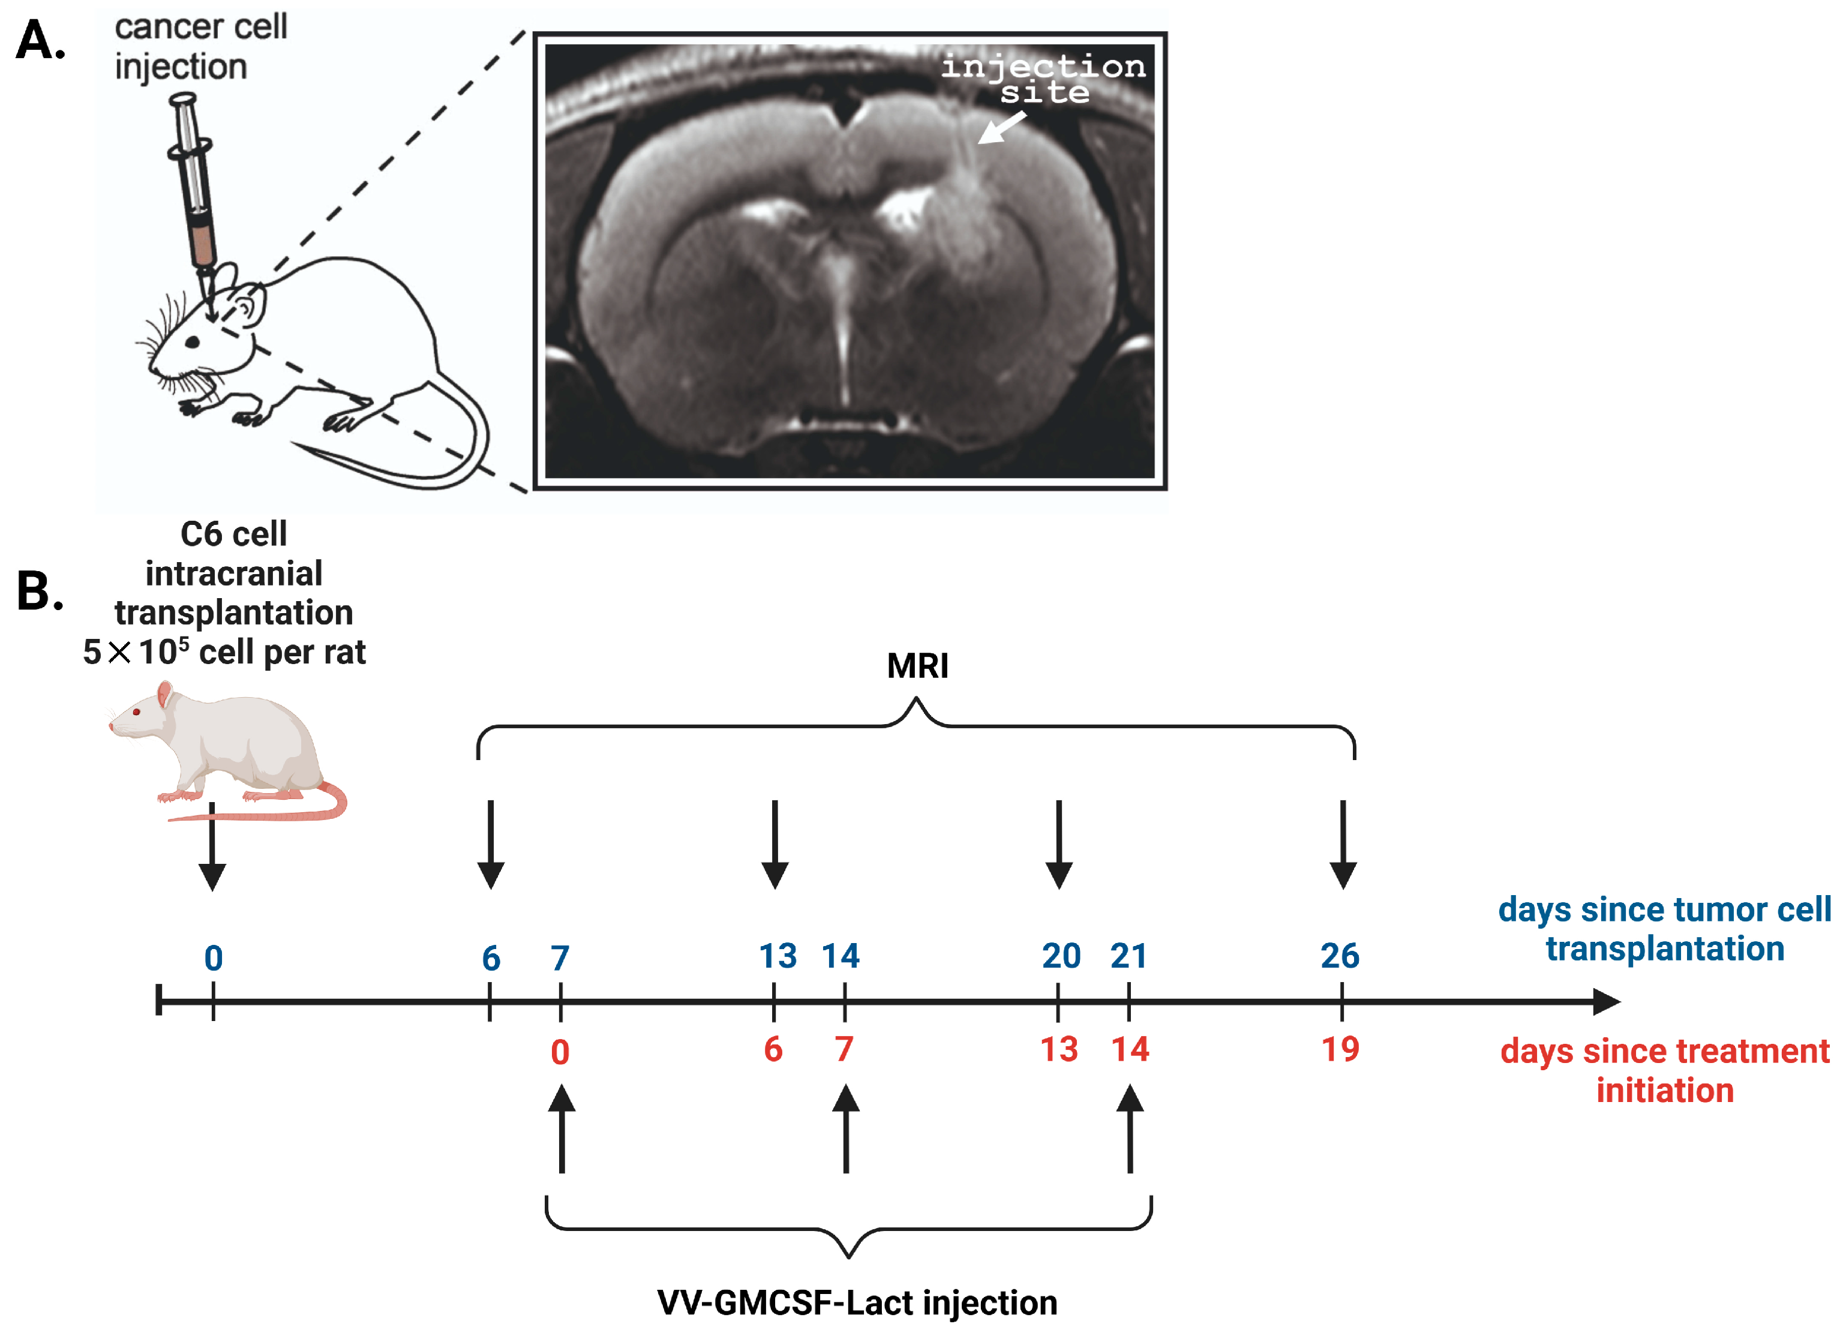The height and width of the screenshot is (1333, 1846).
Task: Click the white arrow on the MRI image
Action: click(x=1001, y=128)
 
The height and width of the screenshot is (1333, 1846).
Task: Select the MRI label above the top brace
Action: click(x=917, y=666)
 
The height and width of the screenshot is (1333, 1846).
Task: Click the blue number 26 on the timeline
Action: click(x=1340, y=956)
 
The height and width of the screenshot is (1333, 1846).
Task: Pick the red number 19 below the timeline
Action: click(x=1340, y=1050)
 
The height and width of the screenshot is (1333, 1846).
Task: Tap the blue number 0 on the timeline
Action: click(x=213, y=959)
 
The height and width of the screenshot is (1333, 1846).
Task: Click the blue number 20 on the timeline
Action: click(x=1061, y=956)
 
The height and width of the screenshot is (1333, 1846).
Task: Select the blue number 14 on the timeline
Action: click(x=840, y=956)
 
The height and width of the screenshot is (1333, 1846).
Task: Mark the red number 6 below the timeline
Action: click(x=773, y=1050)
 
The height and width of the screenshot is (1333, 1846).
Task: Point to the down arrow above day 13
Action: click(x=775, y=846)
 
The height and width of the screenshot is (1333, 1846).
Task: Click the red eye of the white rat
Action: click(x=136, y=712)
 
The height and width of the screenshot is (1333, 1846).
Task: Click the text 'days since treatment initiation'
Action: click(x=1664, y=1071)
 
